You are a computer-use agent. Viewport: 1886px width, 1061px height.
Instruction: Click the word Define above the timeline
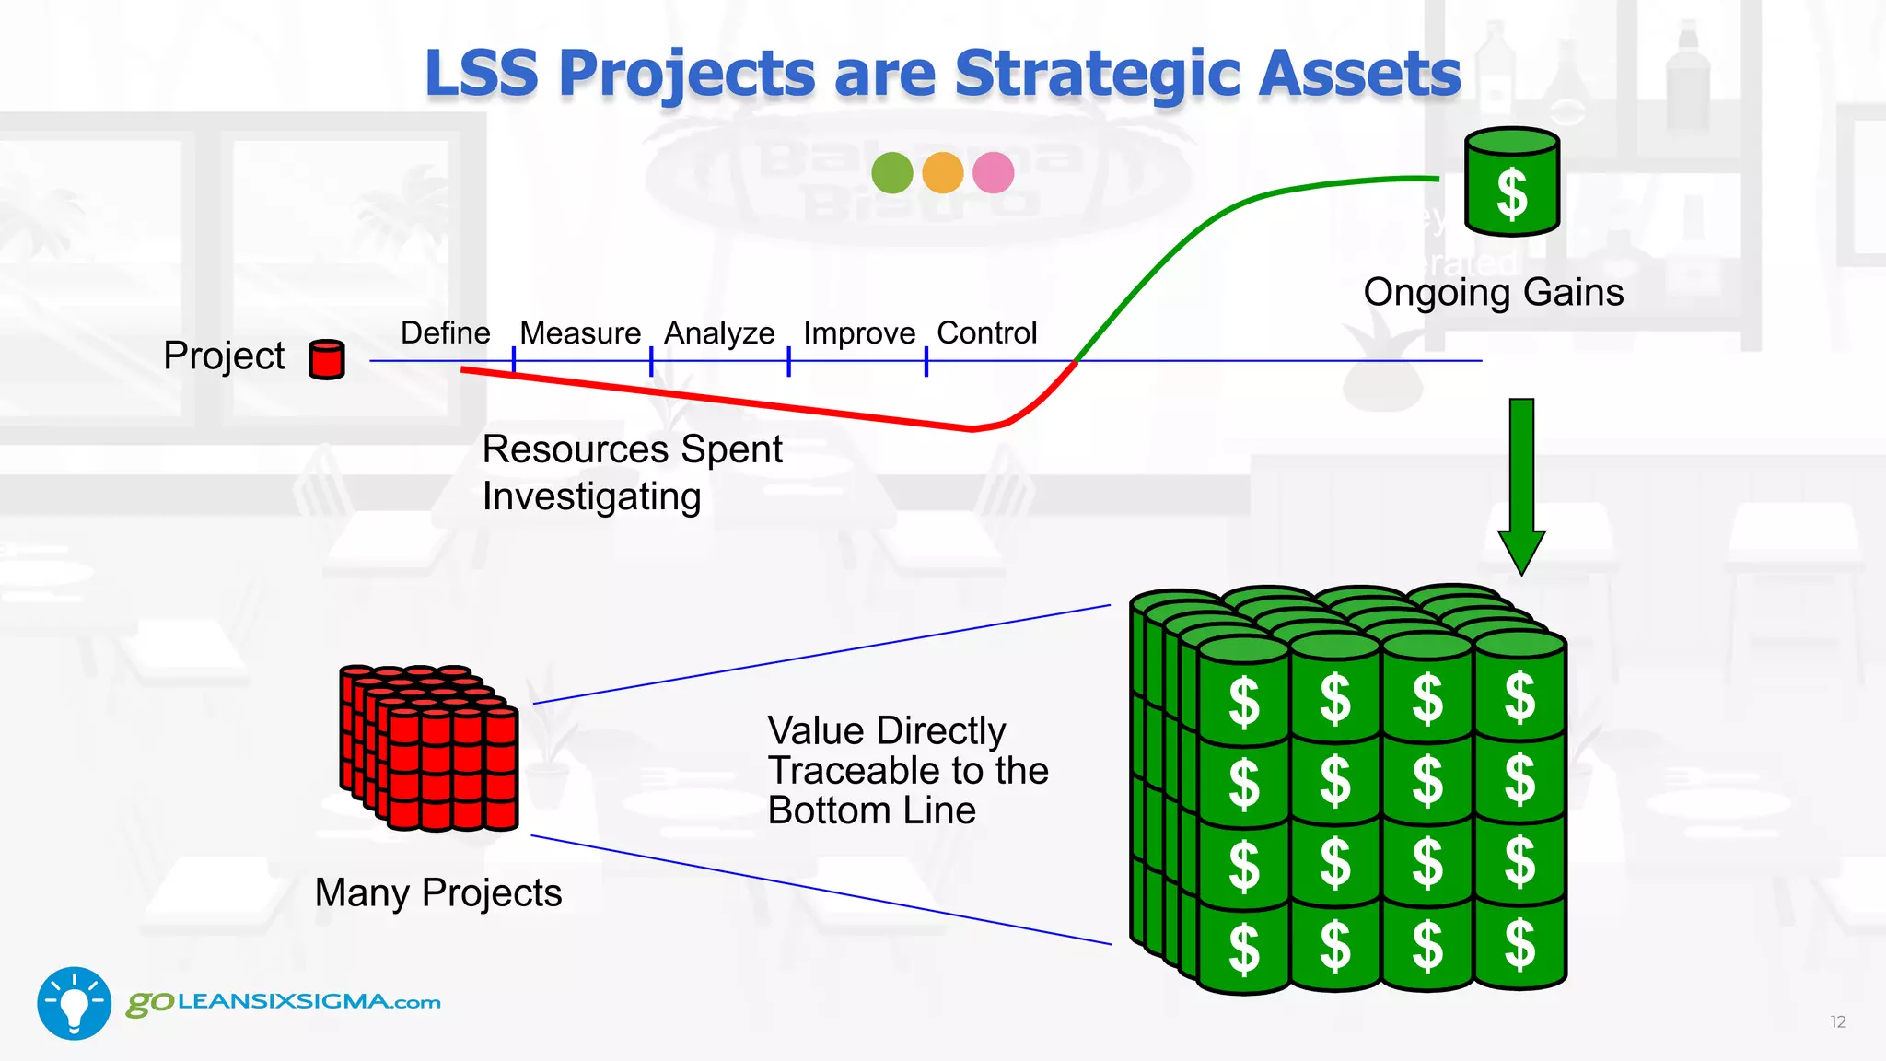pyautogui.click(x=445, y=332)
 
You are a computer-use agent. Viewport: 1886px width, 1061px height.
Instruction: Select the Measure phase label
pyautogui.click(x=580, y=332)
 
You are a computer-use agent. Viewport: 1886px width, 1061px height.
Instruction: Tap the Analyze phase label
pyautogui.click(x=719, y=332)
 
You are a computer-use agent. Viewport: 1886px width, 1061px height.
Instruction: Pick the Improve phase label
pyautogui.click(x=859, y=332)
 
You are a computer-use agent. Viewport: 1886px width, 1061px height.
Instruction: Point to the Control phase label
pyautogui.click(x=986, y=332)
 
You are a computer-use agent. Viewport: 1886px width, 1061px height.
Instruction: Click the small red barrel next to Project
pyautogui.click(x=326, y=359)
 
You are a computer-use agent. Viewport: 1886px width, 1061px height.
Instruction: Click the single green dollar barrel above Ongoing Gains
pyautogui.click(x=1511, y=182)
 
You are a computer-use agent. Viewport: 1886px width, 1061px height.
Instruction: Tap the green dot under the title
pyautogui.click(x=891, y=172)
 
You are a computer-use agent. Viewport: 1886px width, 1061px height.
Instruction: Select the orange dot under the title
pyautogui.click(x=942, y=172)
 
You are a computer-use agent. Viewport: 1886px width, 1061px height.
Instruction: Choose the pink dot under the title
pyautogui.click(x=993, y=172)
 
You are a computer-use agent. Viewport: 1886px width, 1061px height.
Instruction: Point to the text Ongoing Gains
pyautogui.click(x=1493, y=292)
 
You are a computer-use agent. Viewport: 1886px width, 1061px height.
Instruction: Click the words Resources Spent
pyautogui.click(x=632, y=449)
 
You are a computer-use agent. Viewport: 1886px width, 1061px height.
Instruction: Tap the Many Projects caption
pyautogui.click(x=438, y=892)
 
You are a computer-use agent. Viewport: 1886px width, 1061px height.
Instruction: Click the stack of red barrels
pyautogui.click(x=429, y=747)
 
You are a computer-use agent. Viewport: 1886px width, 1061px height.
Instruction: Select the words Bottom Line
pyautogui.click(x=871, y=810)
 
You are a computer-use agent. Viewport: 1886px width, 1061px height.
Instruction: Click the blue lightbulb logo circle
pyautogui.click(x=74, y=1003)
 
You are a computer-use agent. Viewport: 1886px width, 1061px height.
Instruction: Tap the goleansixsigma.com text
pyautogui.click(x=284, y=1002)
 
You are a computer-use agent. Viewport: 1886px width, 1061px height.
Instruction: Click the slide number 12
pyautogui.click(x=1837, y=1021)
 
